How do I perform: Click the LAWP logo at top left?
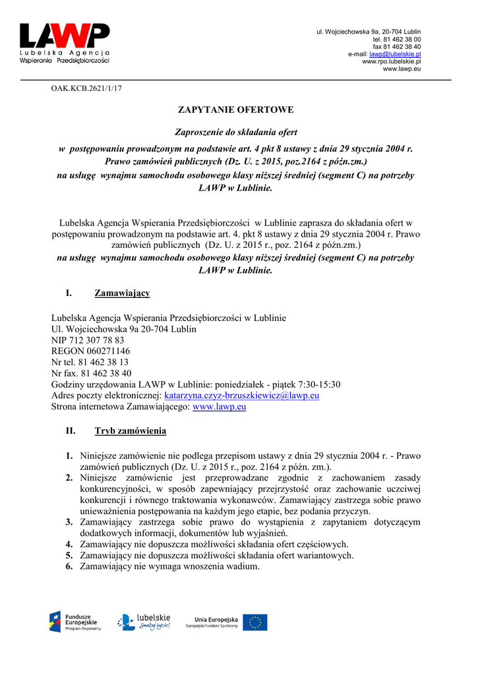[x=65, y=44]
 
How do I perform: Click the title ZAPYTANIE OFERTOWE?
[x=236, y=109]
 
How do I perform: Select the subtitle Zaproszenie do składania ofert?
[x=235, y=132]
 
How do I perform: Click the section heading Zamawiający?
[x=122, y=293]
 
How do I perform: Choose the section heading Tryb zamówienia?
[x=130, y=431]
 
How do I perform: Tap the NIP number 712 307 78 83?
[x=96, y=340]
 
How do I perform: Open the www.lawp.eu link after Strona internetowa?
[x=219, y=407]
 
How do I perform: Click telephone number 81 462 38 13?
[x=104, y=363]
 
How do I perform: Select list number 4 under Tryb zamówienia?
[x=69, y=544]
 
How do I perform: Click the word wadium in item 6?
[x=241, y=566]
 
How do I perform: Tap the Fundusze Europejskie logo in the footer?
[x=75, y=621]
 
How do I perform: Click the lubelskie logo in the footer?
[x=144, y=621]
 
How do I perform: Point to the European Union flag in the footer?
[x=255, y=622]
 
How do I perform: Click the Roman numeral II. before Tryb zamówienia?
[x=71, y=431]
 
